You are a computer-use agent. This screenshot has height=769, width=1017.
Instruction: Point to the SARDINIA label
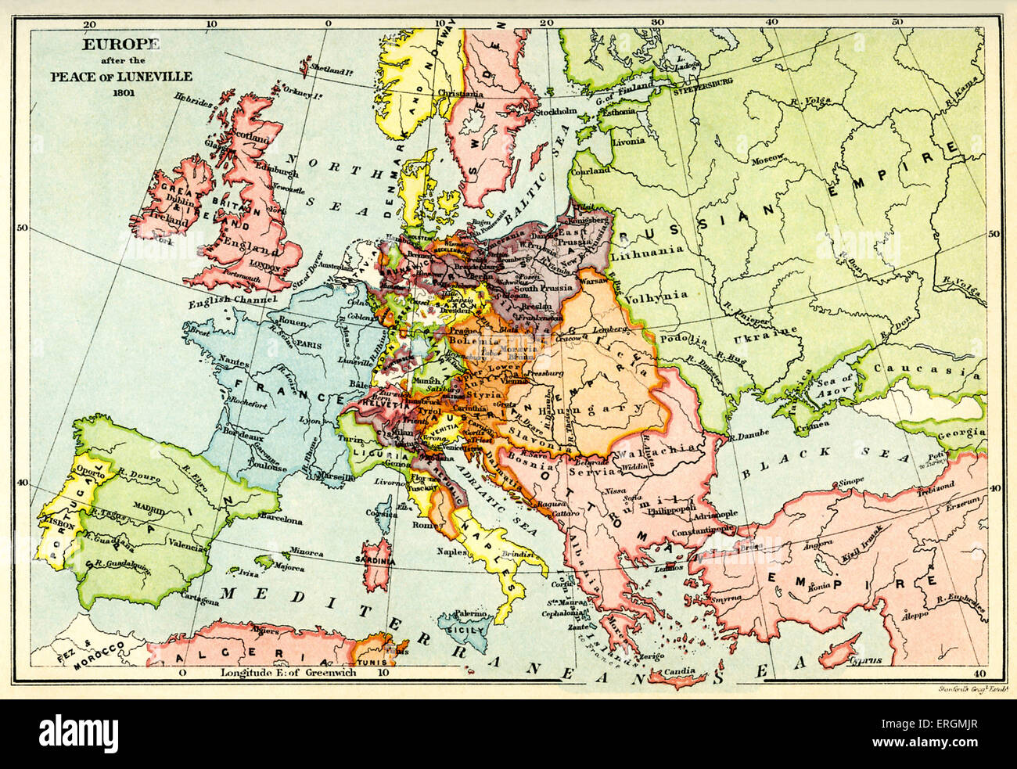click(x=376, y=561)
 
